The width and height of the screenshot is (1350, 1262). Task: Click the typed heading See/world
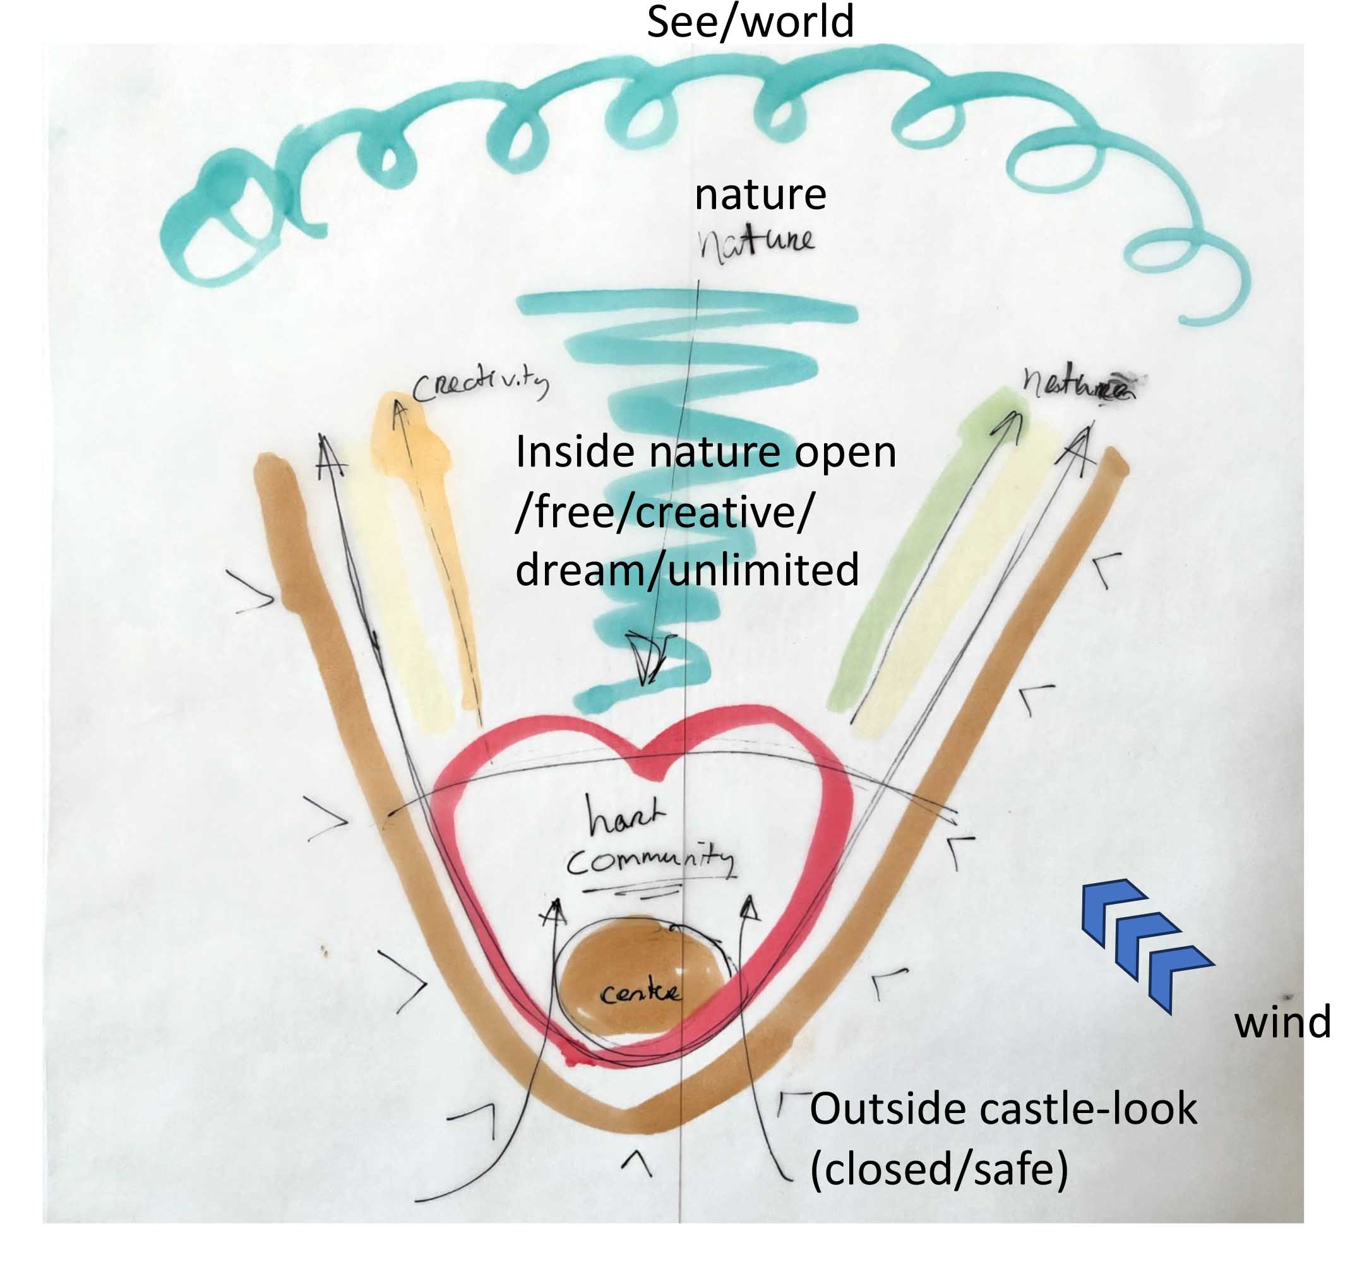pyautogui.click(x=750, y=21)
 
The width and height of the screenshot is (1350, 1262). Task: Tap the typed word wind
pyautogui.click(x=1282, y=1022)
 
